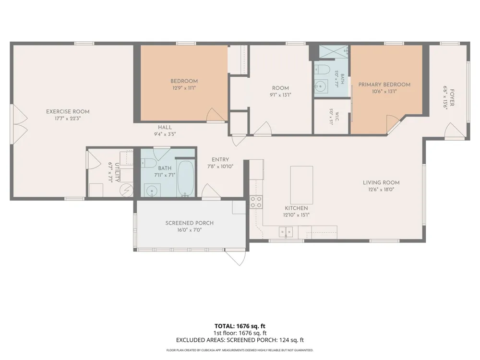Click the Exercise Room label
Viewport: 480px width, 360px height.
68,112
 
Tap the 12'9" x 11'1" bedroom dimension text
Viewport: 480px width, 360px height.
184,88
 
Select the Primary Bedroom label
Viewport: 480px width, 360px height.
384,85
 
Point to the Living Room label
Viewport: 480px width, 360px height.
381,183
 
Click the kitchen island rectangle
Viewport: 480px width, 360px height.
301,185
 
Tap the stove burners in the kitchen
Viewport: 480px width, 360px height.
256,202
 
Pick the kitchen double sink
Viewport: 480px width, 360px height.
286,232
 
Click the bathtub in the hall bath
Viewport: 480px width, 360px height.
185,179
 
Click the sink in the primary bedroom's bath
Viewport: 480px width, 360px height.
321,87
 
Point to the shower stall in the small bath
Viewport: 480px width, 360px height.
334,51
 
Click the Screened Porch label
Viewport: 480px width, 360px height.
190,223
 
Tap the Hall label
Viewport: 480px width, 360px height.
165,127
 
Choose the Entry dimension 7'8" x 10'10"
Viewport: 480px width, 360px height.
220,167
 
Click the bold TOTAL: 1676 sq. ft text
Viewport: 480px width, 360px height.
240,326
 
